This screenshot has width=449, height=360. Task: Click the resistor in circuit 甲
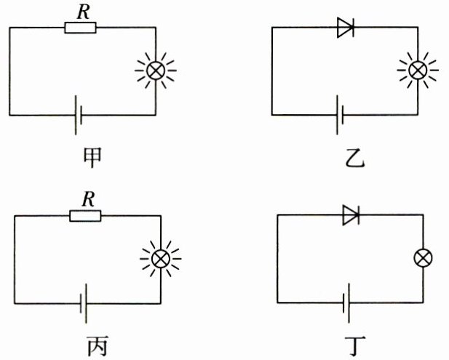tap(81, 28)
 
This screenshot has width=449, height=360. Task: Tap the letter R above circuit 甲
tap(84, 12)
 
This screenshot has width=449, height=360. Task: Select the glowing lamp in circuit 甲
tap(156, 71)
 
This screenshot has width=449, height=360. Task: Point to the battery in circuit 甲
tap(79, 115)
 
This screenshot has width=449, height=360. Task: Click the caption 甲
tap(92, 158)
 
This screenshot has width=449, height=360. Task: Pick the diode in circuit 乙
tap(346, 27)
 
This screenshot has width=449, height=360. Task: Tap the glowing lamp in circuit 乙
tap(418, 70)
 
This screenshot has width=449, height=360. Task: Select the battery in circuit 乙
tap(340, 115)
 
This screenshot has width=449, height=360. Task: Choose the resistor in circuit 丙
tap(85, 216)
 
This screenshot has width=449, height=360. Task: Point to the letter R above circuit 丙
tap(88, 200)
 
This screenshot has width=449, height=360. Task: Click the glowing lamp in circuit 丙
tap(161, 259)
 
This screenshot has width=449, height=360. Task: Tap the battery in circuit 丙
tap(84, 303)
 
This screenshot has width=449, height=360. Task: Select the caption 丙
tap(98, 345)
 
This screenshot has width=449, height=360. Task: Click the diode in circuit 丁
tap(351, 215)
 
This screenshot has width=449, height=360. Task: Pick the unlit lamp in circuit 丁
tap(424, 258)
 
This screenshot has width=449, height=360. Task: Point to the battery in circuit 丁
tap(346, 303)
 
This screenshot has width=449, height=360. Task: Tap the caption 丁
tap(355, 345)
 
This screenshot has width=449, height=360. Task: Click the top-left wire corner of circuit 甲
tap(9, 28)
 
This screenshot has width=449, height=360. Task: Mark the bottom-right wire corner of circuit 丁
tap(423, 303)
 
